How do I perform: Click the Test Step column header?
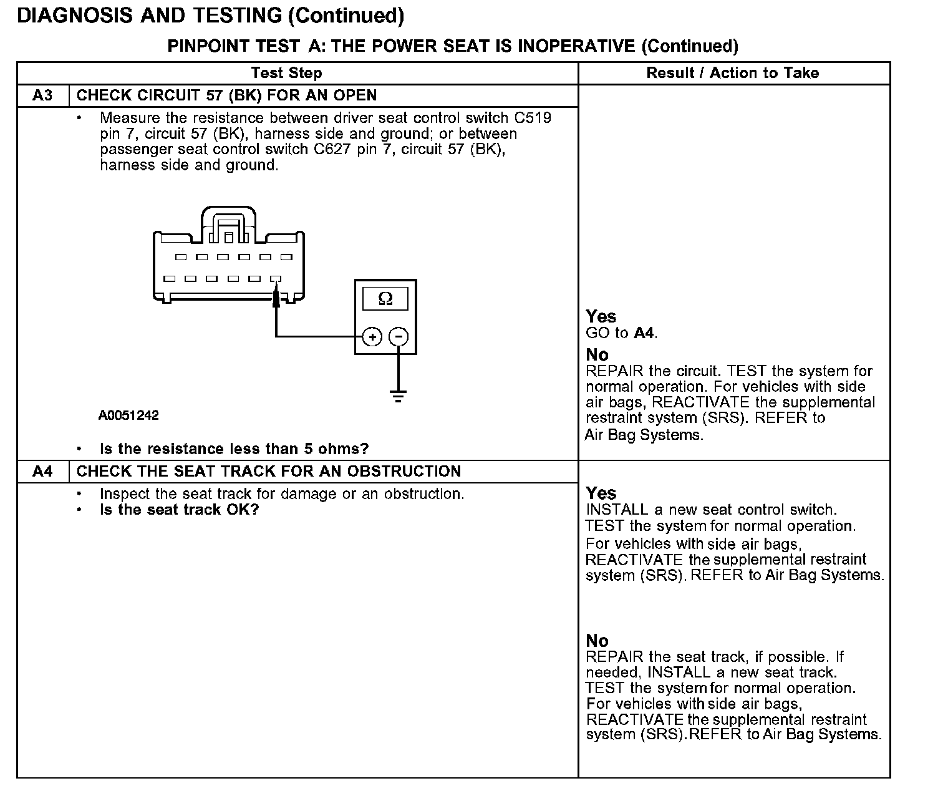(x=286, y=73)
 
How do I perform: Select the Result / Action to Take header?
(x=732, y=73)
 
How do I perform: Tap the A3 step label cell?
(x=42, y=95)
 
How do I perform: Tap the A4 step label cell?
(x=42, y=471)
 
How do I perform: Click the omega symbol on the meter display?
(x=385, y=299)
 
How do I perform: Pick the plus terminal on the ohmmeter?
(x=372, y=337)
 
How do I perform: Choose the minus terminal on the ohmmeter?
(x=399, y=337)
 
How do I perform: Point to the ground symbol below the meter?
(x=398, y=396)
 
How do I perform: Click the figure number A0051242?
(x=128, y=415)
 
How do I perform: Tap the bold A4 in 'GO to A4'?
(x=644, y=333)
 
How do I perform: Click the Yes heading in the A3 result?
(x=601, y=316)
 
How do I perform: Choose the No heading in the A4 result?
(x=597, y=640)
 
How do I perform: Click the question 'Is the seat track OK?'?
(x=179, y=510)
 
